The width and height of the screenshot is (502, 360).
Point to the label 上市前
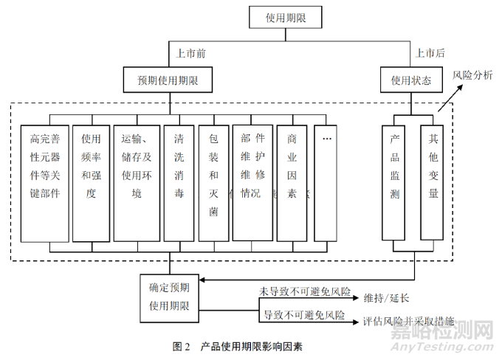[x=191, y=53]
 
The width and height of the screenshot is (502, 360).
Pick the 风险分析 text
[x=472, y=75]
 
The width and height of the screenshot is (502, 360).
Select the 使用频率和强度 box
[x=91, y=182]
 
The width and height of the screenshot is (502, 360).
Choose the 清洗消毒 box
[x=179, y=182]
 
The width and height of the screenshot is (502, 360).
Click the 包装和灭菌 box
[x=213, y=182]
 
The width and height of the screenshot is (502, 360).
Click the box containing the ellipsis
[x=328, y=182]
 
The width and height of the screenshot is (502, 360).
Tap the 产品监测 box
[x=396, y=182]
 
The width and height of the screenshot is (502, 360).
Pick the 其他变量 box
[x=433, y=182]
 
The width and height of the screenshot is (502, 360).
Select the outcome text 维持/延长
[x=386, y=299]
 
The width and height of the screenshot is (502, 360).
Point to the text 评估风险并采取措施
[x=408, y=322]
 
